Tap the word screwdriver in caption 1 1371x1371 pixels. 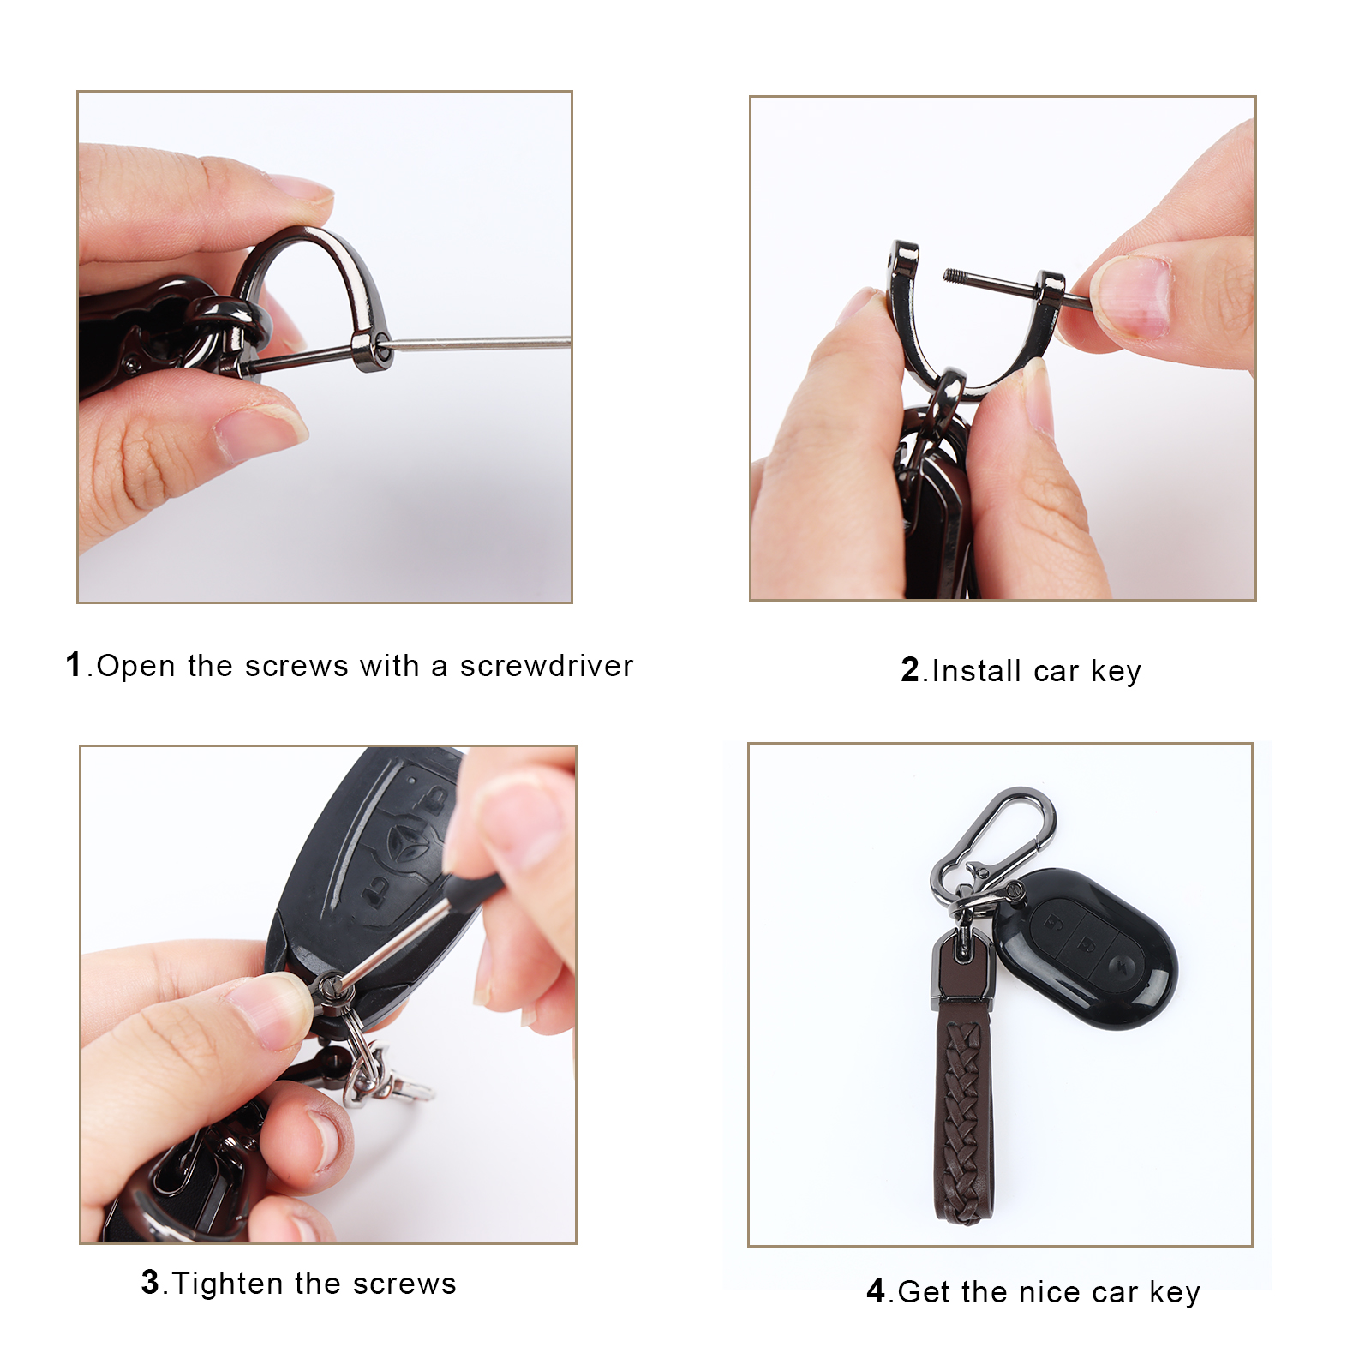(x=547, y=666)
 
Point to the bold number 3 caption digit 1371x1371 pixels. (x=151, y=1282)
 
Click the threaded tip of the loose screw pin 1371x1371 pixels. (x=954, y=275)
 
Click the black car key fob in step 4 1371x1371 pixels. (x=1087, y=948)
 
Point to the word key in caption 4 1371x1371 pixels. (x=1175, y=1293)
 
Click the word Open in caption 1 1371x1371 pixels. (x=135, y=667)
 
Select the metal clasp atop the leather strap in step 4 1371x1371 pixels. (x=963, y=968)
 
